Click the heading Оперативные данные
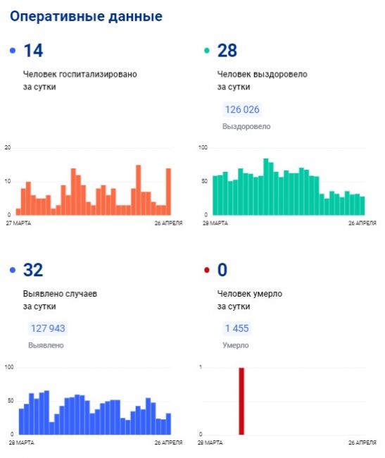[87, 16]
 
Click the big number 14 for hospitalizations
[33, 51]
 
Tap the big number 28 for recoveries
[227, 51]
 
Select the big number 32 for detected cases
[33, 270]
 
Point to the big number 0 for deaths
[222, 270]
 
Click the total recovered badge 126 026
[242, 109]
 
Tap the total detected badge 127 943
[48, 328]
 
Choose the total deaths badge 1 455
[236, 328]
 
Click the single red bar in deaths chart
[241, 401]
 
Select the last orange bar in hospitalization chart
[169, 192]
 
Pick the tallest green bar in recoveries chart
[266, 187]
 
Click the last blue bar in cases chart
[169, 423]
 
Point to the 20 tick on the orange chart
[8, 147]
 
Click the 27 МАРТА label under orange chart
[18, 223]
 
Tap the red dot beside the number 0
[207, 270]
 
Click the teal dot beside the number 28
[207, 51]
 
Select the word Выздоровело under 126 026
[246, 126]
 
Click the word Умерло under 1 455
[236, 345]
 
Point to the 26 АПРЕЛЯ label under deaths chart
[362, 442]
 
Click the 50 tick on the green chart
[204, 181]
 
